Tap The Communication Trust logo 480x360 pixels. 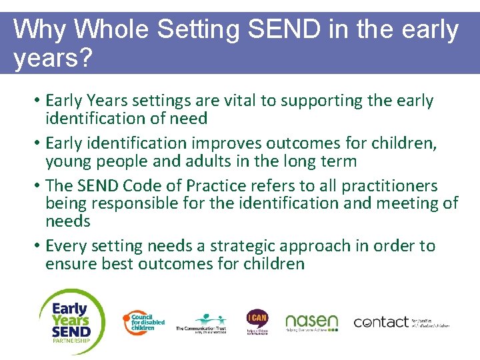coord(201,324)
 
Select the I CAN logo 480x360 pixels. coord(257,320)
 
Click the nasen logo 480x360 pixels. coord(311,323)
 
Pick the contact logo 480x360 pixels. coord(401,323)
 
